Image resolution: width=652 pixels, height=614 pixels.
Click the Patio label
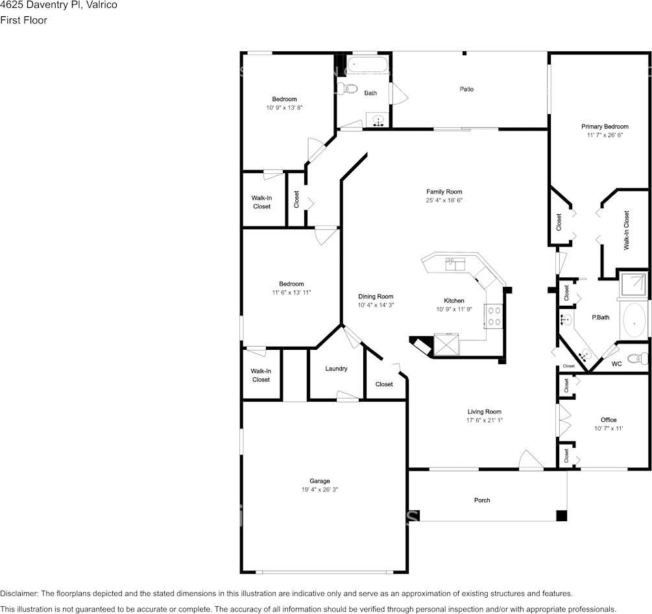coord(466,89)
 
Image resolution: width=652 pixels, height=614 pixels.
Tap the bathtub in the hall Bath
coord(368,65)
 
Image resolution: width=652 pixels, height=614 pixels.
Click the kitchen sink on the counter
coord(455,264)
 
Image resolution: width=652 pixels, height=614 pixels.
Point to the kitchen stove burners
coord(494,315)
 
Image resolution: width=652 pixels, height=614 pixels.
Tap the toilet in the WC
coord(638,358)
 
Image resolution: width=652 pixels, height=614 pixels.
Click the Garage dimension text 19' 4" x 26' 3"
coord(319,489)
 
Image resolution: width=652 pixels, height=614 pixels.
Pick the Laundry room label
coord(336,369)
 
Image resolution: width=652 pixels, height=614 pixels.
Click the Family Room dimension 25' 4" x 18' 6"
coord(444,200)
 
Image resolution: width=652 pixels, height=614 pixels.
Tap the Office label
coord(609,420)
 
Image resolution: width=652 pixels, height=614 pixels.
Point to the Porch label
coord(482,500)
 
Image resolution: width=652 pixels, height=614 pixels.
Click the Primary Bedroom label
coord(605,127)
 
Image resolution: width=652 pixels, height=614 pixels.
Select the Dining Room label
coord(376,297)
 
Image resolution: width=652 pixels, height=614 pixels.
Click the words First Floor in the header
coord(24,20)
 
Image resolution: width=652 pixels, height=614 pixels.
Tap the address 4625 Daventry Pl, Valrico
coord(58,5)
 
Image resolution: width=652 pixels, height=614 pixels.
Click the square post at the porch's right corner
coord(561,516)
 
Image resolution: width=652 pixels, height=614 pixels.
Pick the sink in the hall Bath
coord(378,120)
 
